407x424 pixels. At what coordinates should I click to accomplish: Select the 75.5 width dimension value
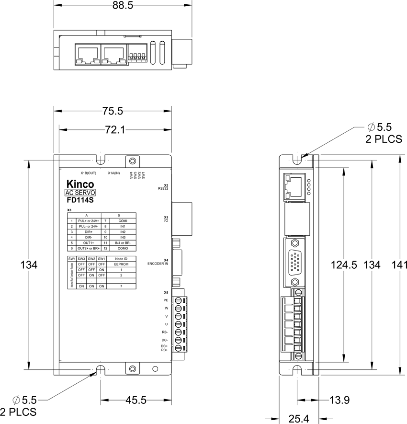click(x=113, y=111)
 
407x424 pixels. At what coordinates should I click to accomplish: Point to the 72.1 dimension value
click(x=113, y=130)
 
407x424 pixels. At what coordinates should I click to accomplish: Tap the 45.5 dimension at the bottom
click(x=136, y=401)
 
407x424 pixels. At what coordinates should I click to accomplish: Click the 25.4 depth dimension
click(x=299, y=419)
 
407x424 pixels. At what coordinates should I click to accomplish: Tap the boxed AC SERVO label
click(x=80, y=193)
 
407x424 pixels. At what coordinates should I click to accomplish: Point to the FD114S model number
click(x=80, y=201)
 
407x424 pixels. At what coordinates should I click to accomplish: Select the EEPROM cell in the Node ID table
click(x=121, y=264)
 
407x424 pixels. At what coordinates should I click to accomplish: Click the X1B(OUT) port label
click(x=89, y=173)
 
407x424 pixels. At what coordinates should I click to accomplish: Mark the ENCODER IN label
click(x=158, y=264)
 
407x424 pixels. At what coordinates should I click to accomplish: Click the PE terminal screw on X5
click(x=180, y=301)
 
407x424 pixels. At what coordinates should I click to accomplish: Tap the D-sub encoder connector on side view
click(x=296, y=262)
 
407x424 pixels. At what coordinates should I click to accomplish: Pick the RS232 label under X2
click(x=163, y=189)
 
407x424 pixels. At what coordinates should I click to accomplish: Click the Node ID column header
click(x=121, y=259)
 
